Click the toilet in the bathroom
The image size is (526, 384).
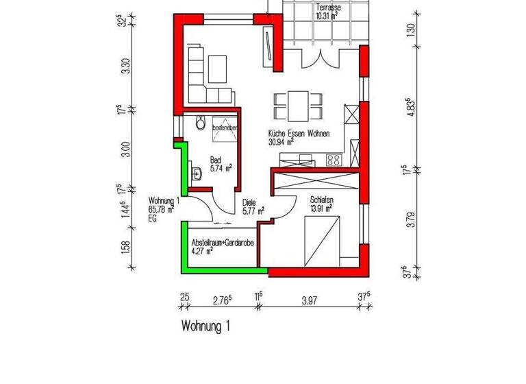click(200, 123)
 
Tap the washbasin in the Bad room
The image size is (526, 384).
click(197, 173)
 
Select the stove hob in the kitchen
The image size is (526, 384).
click(334, 160)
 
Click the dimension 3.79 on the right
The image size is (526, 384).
click(410, 220)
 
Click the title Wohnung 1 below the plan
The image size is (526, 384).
click(205, 326)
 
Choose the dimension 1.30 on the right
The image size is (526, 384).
click(410, 31)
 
